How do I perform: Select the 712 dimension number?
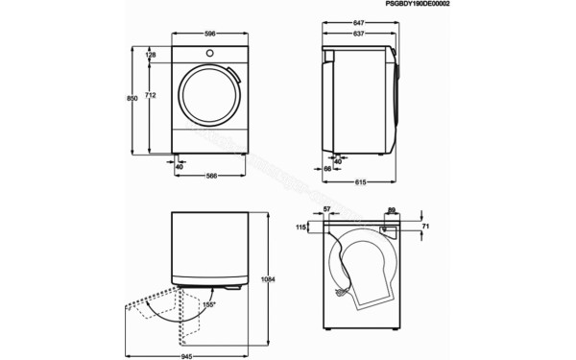pyautogui.click(x=152, y=96)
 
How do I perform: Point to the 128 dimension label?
pyautogui.click(x=151, y=55)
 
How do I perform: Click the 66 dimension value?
pyautogui.click(x=327, y=168)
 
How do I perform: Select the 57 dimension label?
pyautogui.click(x=327, y=209)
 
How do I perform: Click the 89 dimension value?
pyautogui.click(x=393, y=209)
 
